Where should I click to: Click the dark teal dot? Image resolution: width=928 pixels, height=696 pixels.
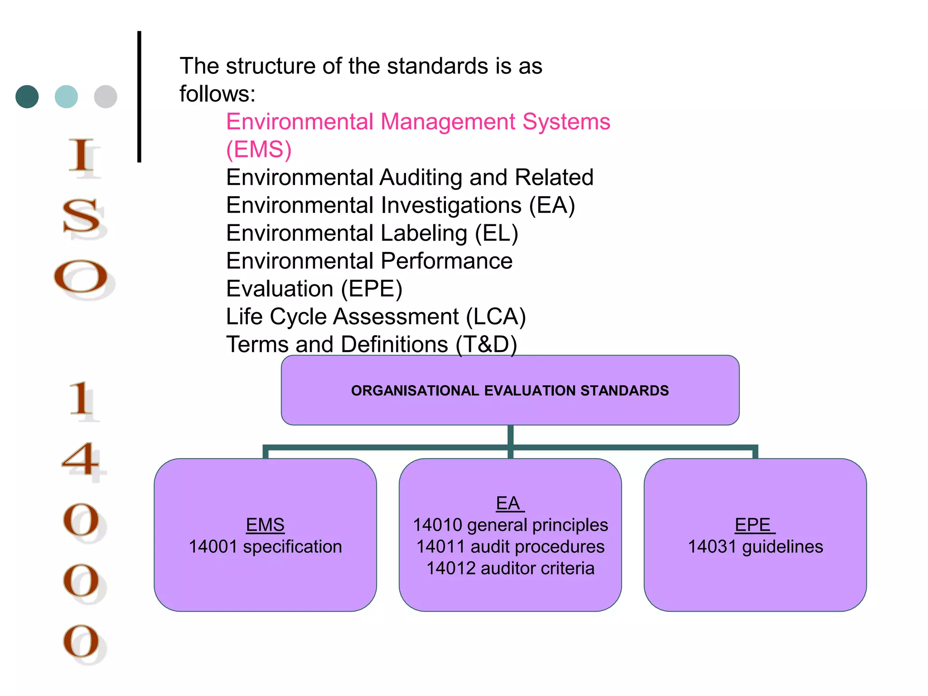click(27, 97)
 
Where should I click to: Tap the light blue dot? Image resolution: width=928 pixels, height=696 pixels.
click(66, 97)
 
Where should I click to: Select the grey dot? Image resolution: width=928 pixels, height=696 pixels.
click(106, 97)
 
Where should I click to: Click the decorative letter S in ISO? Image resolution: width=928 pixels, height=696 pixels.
click(82, 217)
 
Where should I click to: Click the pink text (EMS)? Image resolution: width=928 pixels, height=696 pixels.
click(259, 150)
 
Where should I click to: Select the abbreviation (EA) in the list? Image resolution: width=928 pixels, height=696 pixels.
click(552, 205)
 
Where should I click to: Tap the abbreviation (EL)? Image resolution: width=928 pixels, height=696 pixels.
click(496, 233)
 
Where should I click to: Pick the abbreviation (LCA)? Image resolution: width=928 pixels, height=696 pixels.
click(496, 317)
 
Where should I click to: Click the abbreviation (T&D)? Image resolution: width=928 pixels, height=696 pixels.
click(486, 344)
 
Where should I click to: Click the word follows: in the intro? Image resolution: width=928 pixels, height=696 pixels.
click(217, 94)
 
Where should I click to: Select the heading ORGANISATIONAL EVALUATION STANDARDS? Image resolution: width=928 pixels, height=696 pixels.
click(510, 391)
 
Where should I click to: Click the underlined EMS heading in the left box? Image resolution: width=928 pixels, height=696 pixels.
click(265, 525)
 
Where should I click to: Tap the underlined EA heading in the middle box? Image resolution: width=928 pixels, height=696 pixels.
click(508, 503)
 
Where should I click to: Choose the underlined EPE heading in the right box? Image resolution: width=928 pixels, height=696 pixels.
click(754, 525)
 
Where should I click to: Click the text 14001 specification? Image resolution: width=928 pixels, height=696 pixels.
click(265, 546)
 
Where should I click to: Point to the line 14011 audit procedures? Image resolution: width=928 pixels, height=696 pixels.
click(510, 546)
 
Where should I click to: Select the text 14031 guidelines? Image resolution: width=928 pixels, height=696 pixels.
click(755, 546)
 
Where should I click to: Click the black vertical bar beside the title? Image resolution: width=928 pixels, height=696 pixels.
click(139, 97)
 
